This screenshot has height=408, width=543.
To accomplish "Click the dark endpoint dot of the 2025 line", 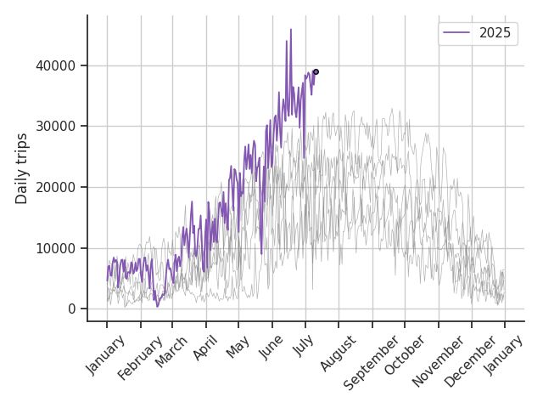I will point(316,71).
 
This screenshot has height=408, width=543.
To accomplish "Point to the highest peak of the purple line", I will point(291,30).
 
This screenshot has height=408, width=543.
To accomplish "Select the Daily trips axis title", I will point(22,168).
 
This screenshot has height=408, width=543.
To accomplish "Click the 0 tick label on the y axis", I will point(72,309).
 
